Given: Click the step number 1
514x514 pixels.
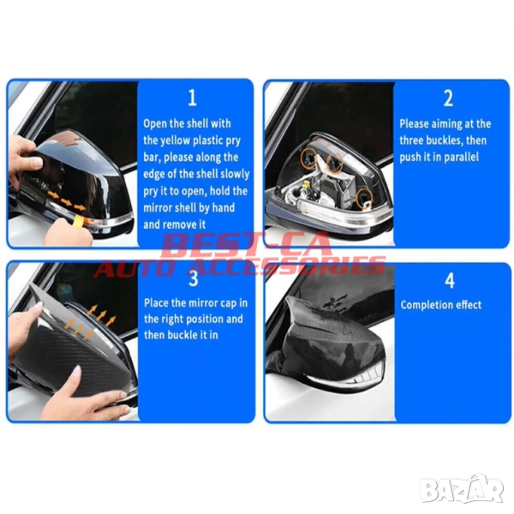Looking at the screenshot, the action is [193, 98].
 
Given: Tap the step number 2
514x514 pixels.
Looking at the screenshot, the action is [448, 98].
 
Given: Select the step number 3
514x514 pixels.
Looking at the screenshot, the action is [194, 279].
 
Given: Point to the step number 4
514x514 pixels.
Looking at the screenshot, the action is [450, 280].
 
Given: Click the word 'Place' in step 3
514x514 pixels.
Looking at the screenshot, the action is [156, 303].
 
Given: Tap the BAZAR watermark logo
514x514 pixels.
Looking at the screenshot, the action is [461, 489].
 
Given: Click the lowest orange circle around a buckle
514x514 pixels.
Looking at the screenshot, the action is [365, 198].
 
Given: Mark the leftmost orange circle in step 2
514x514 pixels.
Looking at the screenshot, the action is [309, 156].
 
